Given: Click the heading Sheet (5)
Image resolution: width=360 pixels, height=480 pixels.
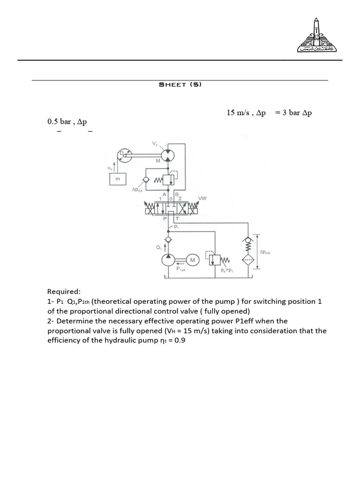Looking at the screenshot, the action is point(180,85).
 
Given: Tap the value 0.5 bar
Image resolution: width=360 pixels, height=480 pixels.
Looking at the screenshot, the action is point(59,122).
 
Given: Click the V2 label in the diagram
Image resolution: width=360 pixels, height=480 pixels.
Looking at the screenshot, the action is point(155,144).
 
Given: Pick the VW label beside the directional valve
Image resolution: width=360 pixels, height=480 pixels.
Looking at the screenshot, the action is point(202,198).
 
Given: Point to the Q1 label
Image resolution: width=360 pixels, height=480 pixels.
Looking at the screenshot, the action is point(159,247).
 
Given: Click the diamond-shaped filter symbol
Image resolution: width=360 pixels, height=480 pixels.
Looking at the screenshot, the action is point(248,260).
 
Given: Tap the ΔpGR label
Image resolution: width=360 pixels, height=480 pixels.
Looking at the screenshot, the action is point(265,252).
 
